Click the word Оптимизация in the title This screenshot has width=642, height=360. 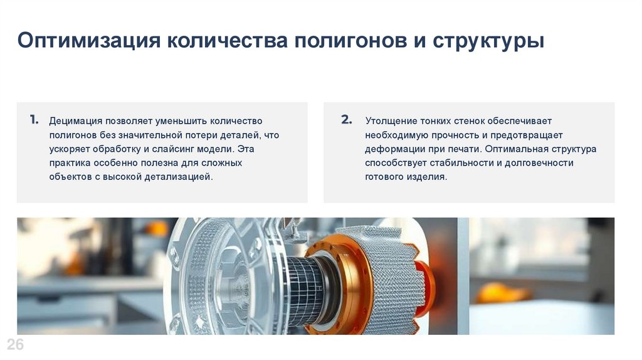[x=89, y=41]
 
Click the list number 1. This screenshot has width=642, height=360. [x=34, y=120]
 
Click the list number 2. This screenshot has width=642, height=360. [x=346, y=120]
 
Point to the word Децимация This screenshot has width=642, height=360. [x=75, y=121]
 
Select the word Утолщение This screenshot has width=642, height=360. [x=391, y=121]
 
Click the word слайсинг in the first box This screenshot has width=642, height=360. [x=171, y=149]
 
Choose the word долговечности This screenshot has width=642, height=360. [x=539, y=163]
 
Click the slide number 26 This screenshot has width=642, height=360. [x=15, y=345]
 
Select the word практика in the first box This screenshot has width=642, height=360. [x=70, y=163]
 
